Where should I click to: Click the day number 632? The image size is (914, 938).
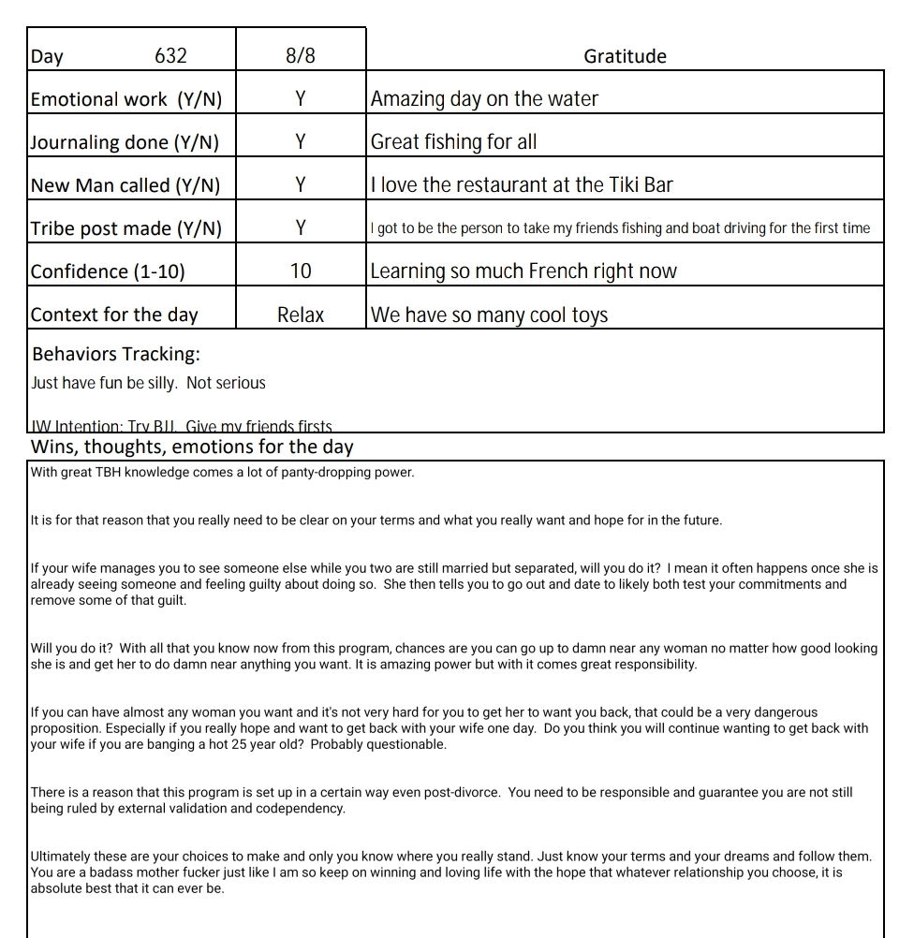[170, 56]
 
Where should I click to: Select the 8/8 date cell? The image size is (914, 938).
[301, 56]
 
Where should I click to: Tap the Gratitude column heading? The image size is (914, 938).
[625, 56]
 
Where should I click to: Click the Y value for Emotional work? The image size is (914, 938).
[301, 99]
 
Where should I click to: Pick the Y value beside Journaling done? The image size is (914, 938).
[301, 142]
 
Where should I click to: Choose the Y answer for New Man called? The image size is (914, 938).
[301, 185]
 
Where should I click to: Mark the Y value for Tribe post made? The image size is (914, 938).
[301, 228]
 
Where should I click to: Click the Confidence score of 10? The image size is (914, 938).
[301, 271]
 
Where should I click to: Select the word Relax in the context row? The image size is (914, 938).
[301, 315]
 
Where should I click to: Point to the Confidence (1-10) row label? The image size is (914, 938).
[108, 271]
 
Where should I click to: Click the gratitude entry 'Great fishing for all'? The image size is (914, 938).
[454, 142]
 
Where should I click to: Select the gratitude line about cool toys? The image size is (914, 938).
[490, 315]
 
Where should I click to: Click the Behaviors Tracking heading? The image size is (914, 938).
[116, 354]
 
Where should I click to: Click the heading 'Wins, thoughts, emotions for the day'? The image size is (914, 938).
[192, 447]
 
